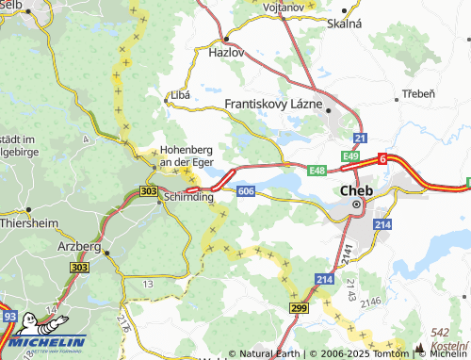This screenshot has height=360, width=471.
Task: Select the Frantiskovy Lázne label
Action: click(x=274, y=104)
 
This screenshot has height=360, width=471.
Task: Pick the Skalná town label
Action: click(x=345, y=22)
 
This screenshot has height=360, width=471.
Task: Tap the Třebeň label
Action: click(x=417, y=94)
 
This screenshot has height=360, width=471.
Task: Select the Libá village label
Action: click(x=180, y=95)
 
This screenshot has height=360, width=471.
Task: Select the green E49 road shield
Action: click(x=350, y=155)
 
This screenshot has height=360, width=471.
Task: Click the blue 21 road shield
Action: click(x=361, y=139)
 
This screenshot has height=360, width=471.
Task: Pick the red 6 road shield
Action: click(x=383, y=159)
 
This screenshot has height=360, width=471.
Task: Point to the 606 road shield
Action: click(x=247, y=191)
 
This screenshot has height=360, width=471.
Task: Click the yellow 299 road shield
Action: click(x=299, y=308)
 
